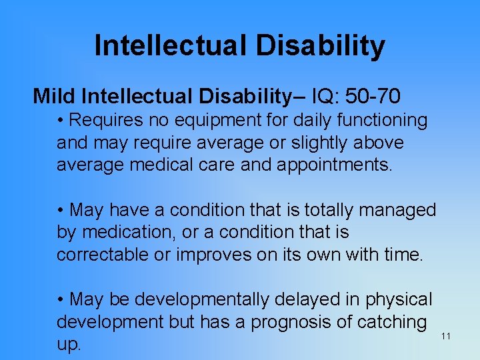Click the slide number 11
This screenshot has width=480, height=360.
coord(446,336)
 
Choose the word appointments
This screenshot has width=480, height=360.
coord(335,165)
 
